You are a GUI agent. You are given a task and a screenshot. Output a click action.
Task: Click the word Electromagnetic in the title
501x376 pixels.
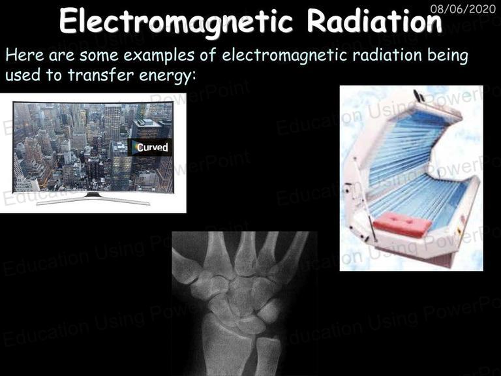(175, 22)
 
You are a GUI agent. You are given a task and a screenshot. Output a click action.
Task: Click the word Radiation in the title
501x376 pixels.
(374, 21)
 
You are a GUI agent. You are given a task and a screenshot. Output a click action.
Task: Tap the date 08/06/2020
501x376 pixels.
(463, 8)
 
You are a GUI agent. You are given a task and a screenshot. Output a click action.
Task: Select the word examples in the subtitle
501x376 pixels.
(159, 55)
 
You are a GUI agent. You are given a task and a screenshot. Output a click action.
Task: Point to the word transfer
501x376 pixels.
(100, 76)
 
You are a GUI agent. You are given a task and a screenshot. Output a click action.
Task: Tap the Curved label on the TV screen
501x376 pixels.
(151, 147)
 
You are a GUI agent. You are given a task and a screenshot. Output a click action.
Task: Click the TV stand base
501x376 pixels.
(93, 199)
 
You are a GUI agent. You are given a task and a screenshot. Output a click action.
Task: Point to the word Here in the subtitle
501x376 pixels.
(25, 55)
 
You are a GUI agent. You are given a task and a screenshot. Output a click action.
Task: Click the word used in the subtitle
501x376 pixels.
(23, 76)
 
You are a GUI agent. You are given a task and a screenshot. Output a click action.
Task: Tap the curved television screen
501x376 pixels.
(93, 147)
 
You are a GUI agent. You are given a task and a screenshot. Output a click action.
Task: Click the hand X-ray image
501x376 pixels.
(245, 304)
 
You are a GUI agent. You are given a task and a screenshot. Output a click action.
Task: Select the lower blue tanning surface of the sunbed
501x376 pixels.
(419, 198)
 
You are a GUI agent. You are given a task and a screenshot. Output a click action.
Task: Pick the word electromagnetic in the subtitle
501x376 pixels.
(284, 56)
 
